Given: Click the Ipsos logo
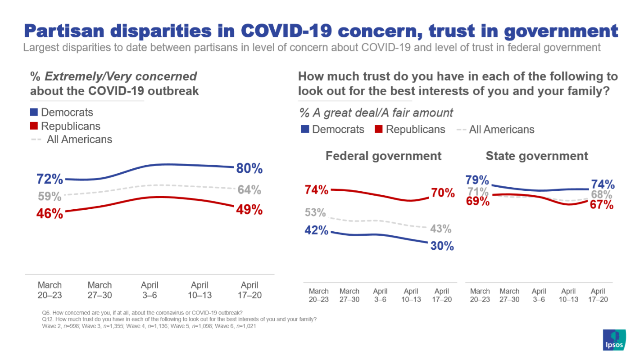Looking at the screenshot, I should pos(614,340).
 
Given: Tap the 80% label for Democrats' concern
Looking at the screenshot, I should pos(249,169).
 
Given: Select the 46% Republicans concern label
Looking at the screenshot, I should pos(50,213).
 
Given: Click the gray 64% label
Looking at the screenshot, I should pos(249,190).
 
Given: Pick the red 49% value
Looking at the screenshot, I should pos(249,210).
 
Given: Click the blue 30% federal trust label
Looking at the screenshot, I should pos(441,246).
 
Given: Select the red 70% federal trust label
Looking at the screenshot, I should pos(443,193).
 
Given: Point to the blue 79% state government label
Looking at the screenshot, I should pos(477,180).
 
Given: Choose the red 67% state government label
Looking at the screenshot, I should pos(602,205).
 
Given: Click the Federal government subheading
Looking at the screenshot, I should pos(383,156).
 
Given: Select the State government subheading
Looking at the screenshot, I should pos(537,156).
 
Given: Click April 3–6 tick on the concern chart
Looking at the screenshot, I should pos(150,290).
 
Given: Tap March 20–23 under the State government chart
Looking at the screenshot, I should pos(480,295).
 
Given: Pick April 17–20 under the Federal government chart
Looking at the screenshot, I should pos(441,295).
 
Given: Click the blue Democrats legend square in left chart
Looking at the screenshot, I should pos(34,112).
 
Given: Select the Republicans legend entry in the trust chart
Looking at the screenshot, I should pos(410,130).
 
